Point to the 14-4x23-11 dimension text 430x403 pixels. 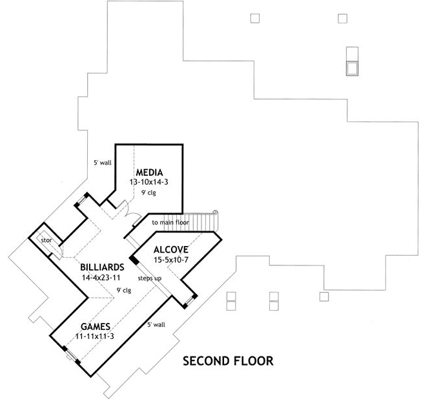pos(102,277)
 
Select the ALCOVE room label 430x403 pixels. pos(170,249)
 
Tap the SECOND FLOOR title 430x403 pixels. pos(227,360)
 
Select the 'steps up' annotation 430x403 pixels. pos(149,278)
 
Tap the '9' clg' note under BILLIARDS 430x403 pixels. pos(124,289)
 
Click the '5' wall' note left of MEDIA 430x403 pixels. pos(102,163)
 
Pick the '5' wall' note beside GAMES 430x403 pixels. pos(157,324)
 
